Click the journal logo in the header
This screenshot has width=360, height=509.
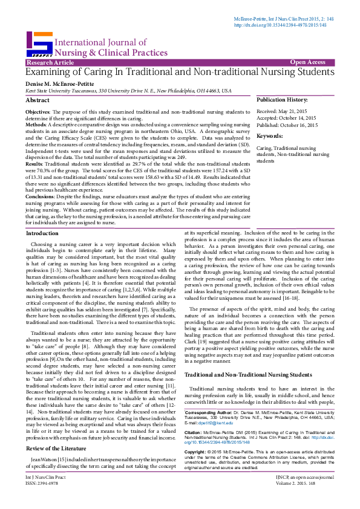pyautogui.click(x=39, y=43)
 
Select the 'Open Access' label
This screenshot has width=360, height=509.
pyautogui.click(x=307, y=62)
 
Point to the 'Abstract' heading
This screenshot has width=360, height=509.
pyautogui.click(x=38, y=100)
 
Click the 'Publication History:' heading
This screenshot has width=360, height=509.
pyautogui.click(x=282, y=99)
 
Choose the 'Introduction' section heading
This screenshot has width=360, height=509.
pyautogui.click(x=42, y=233)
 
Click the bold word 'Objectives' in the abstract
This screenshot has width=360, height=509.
pyautogui.click(x=38, y=112)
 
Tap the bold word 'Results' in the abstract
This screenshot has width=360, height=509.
pyautogui.click(x=34, y=164)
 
